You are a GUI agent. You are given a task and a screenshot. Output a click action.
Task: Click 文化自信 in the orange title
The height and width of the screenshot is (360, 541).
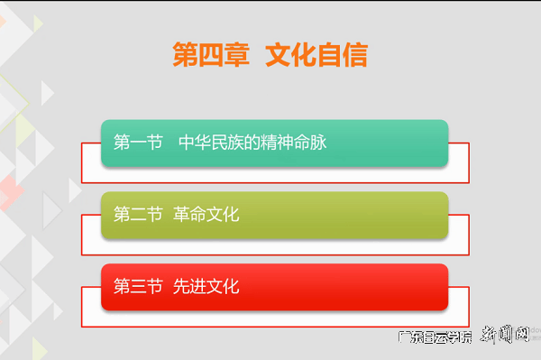click(316, 55)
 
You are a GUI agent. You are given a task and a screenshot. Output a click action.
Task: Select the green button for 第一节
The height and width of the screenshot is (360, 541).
click(274, 143)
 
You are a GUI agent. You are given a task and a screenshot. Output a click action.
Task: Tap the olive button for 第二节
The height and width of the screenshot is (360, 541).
click(274, 215)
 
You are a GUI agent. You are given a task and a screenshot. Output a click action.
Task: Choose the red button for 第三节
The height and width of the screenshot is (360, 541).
click(274, 287)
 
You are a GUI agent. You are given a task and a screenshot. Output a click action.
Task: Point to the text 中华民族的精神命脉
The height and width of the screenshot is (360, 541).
click(252, 143)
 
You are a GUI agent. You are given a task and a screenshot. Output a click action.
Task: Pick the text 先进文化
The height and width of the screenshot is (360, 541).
click(206, 287)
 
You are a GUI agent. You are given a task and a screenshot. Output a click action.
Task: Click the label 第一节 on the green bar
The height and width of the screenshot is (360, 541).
click(138, 143)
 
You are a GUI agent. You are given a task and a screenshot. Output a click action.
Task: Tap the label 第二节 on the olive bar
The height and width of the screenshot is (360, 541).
click(138, 215)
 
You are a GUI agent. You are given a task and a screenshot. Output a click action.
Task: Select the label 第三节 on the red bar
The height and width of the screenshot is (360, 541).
click(138, 287)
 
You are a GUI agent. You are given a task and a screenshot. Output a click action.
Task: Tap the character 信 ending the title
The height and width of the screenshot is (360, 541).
click(355, 55)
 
